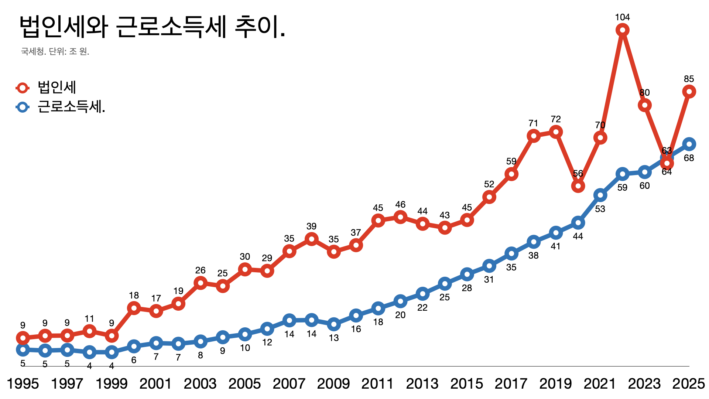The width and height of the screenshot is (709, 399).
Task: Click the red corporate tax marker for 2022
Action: (622, 30)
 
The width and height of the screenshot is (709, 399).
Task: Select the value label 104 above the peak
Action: (622, 17)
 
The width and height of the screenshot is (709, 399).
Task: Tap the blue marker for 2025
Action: (689, 144)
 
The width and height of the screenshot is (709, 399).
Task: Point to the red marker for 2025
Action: (689, 91)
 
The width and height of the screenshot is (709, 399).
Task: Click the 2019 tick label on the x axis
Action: (555, 384)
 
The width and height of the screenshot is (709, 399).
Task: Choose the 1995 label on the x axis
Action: (23, 384)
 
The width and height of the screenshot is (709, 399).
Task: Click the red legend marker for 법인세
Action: (23, 88)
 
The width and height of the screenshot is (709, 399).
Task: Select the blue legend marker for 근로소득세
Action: (23, 107)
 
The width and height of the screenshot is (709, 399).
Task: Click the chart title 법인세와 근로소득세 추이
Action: (152, 27)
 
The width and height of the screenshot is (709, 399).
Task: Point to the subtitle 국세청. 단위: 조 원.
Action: (55, 51)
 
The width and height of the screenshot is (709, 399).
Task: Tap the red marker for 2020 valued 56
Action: (578, 186)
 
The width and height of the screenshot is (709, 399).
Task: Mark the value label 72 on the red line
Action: (555, 119)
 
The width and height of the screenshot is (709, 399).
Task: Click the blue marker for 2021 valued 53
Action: (600, 195)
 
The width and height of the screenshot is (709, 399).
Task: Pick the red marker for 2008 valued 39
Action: (311, 239)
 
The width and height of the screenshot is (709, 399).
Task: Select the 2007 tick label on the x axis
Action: (289, 384)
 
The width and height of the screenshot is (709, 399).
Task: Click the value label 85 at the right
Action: (689, 79)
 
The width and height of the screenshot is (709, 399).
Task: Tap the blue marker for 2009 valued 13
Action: (333, 324)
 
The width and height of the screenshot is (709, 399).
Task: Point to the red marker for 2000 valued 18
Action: (134, 308)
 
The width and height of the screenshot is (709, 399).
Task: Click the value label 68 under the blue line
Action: (689, 158)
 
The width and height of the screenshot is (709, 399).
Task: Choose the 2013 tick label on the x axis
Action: (422, 384)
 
